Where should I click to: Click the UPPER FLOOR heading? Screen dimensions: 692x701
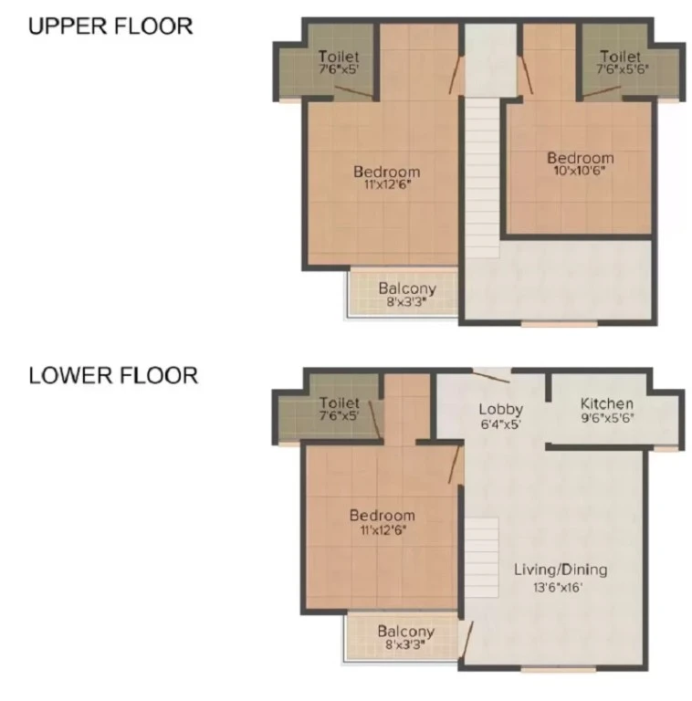point(110,26)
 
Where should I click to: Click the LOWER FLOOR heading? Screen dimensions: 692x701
point(113,375)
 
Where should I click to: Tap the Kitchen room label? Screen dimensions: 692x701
point(606,403)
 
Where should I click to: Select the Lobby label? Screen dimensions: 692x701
point(500,410)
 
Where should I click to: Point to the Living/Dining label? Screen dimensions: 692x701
point(561,570)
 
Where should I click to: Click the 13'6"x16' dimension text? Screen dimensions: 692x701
point(558,587)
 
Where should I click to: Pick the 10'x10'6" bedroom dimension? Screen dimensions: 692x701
point(580,171)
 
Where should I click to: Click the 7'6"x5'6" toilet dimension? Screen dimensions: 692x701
point(623,68)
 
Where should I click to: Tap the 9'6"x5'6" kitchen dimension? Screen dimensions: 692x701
point(607,417)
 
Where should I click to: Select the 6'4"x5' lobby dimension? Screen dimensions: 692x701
point(501,424)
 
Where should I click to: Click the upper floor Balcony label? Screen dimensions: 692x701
point(407,288)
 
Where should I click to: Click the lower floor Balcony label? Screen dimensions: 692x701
point(406,632)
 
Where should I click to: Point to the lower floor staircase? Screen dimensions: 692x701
point(482,558)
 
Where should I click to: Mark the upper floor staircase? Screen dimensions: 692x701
point(482,177)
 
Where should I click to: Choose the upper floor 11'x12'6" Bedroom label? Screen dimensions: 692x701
point(387,172)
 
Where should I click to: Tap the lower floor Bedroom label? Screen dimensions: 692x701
point(383,516)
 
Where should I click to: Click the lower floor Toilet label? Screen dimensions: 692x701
point(340,403)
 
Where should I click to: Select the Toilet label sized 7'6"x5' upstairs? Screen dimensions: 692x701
point(339,57)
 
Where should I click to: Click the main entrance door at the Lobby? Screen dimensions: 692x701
point(491,376)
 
